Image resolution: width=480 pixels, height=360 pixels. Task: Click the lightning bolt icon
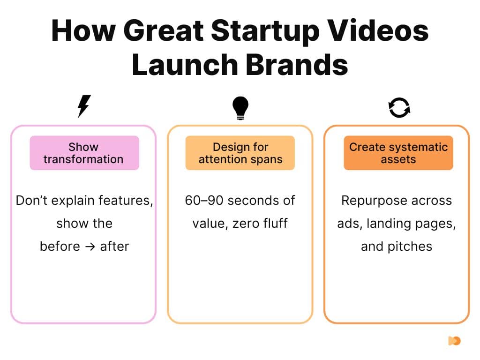tap(84, 106)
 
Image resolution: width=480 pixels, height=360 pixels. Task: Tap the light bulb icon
tap(240, 108)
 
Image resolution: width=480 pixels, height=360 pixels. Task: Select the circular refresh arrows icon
tap(399, 107)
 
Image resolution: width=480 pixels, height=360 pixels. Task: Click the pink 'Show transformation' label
tap(84, 153)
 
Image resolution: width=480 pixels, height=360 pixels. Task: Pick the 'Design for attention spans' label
tap(240, 153)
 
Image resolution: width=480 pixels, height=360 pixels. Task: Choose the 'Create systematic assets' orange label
tap(398, 153)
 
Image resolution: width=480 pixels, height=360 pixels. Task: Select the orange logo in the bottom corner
tap(454, 341)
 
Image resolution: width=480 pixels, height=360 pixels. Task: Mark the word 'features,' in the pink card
tap(126, 201)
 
